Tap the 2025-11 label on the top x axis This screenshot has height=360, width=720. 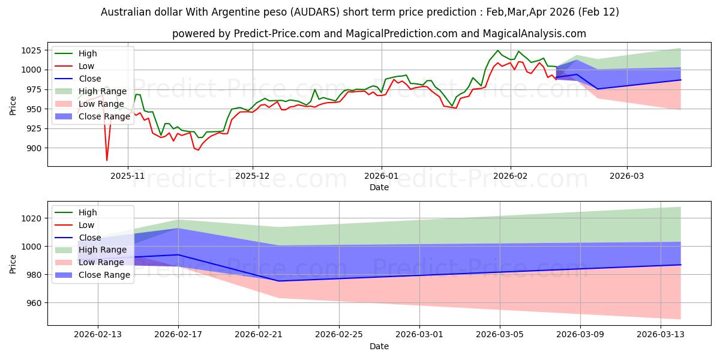point(127,176)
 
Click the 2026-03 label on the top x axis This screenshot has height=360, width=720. point(627,176)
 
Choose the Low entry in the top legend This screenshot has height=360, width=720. point(86,66)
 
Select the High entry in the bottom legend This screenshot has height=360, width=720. point(88,212)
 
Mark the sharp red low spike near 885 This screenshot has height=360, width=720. point(107,160)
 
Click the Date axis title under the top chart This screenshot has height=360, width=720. point(379,187)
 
